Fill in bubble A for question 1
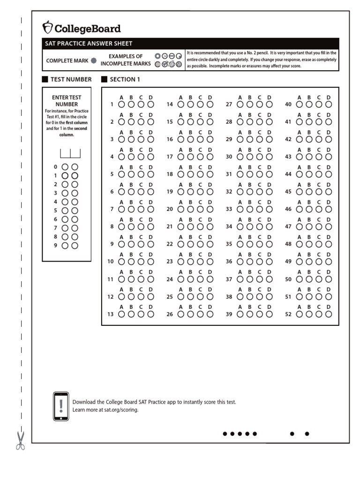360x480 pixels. [x=121, y=105]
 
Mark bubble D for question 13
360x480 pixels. [x=150, y=314]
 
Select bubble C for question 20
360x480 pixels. [x=200, y=209]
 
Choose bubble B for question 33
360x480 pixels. [x=250, y=209]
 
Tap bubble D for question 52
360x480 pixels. [x=329, y=314]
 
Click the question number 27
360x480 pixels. [x=229, y=105]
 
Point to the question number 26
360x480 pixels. [x=170, y=315]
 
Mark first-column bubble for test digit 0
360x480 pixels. [x=65, y=166]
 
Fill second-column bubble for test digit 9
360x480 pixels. [x=75, y=245]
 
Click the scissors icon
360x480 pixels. [x=20, y=441]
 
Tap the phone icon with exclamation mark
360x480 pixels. [x=61, y=406]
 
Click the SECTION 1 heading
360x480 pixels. [x=125, y=79]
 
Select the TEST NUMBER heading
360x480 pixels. [x=71, y=79]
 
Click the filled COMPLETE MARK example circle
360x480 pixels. [x=93, y=60]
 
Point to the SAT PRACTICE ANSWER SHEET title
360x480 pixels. [x=89, y=44]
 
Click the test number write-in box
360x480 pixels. [x=70, y=153]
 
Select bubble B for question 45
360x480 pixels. [x=309, y=192]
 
